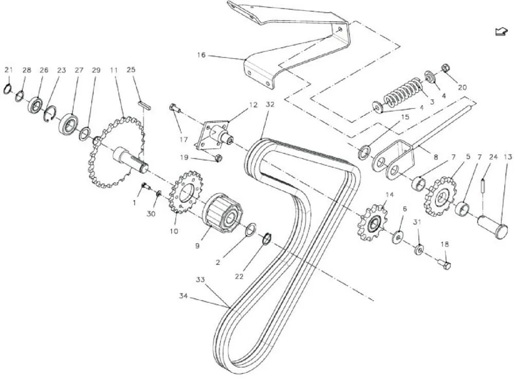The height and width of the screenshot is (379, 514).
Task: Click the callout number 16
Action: click(x=201, y=54)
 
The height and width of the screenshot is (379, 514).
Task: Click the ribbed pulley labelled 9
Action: click(x=223, y=211)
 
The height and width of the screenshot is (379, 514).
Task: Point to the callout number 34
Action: click(x=183, y=296)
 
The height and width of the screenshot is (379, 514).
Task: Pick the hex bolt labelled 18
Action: click(x=445, y=264)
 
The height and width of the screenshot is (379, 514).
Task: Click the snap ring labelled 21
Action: click(x=7, y=89)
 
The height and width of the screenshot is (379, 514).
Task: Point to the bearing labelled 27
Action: click(x=68, y=124)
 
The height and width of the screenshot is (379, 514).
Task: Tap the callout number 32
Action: click(x=270, y=104)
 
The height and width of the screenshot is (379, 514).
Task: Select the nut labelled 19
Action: click(x=217, y=158)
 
